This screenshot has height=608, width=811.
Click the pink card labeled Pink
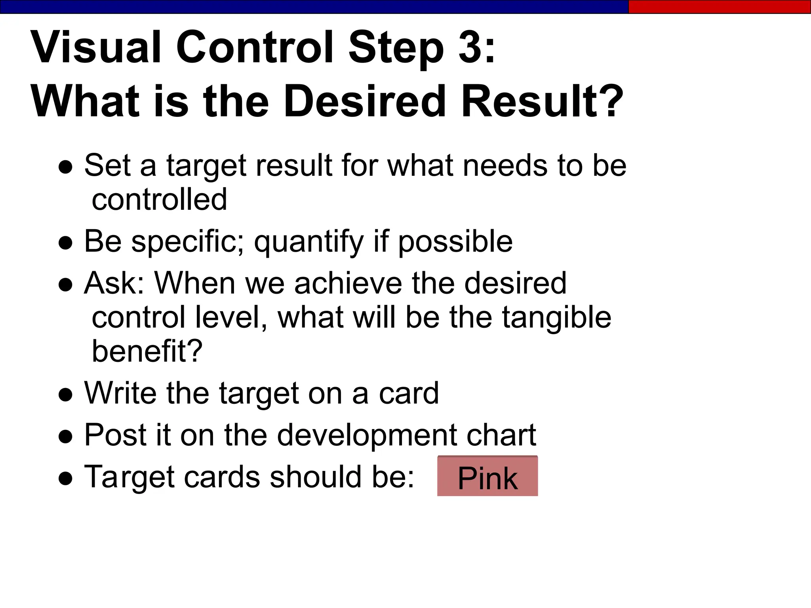point(487,476)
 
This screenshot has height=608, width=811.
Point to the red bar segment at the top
point(720,7)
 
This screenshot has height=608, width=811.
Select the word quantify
point(309,242)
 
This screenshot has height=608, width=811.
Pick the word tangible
point(557,318)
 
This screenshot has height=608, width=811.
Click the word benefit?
point(147,351)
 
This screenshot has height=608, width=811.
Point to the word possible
point(455,242)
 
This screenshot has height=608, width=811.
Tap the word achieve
point(348,283)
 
